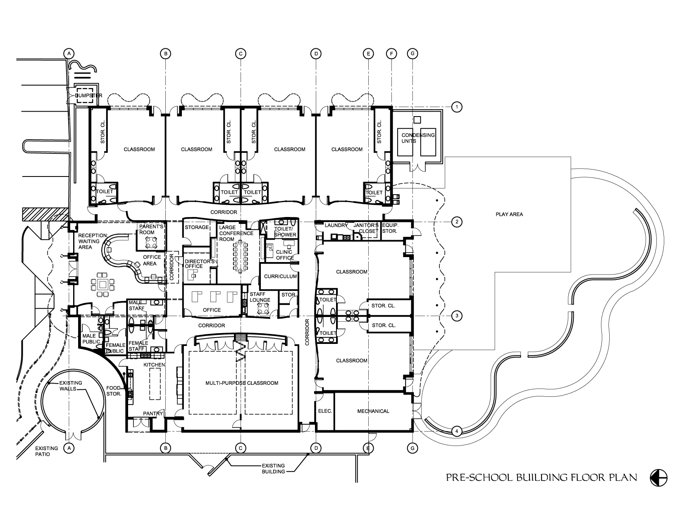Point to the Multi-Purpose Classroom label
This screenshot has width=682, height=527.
click(x=242, y=383)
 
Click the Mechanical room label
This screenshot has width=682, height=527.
click(x=373, y=411)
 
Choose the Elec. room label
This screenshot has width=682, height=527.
click(x=324, y=411)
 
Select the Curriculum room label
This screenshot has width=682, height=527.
click(x=280, y=276)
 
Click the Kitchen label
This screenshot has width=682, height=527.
click(x=154, y=365)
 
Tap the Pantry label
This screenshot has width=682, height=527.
click(x=153, y=413)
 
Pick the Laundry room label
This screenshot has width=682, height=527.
click(x=334, y=225)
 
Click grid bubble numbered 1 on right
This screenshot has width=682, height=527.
click(x=456, y=107)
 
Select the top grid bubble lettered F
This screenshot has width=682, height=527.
click(x=391, y=53)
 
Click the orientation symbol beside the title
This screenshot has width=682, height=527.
click(x=658, y=478)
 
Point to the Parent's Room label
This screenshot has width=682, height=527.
click(x=151, y=229)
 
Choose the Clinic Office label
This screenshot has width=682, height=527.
click(x=284, y=255)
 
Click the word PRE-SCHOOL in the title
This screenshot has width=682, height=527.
click(x=480, y=478)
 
